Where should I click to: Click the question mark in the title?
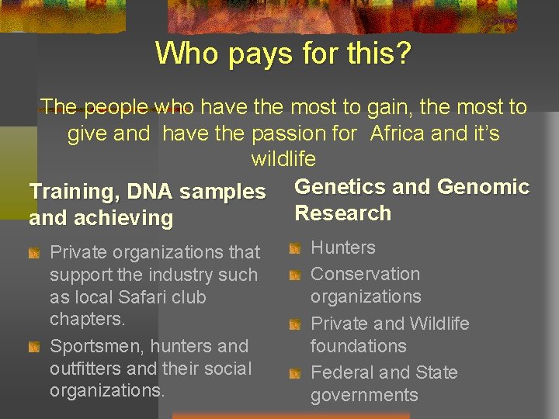pos(404,54)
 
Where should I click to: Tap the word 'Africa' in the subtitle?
pos(398,133)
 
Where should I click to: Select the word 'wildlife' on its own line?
pos(283,160)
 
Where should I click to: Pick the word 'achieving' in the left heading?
pos(123,218)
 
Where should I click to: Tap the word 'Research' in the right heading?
pos(342,213)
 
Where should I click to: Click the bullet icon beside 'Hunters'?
pos(294,249)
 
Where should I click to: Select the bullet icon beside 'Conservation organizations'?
pos(294,275)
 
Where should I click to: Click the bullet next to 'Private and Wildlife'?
pos(294,324)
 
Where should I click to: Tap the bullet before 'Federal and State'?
pos(294,374)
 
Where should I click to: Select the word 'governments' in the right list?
pos(364,396)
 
